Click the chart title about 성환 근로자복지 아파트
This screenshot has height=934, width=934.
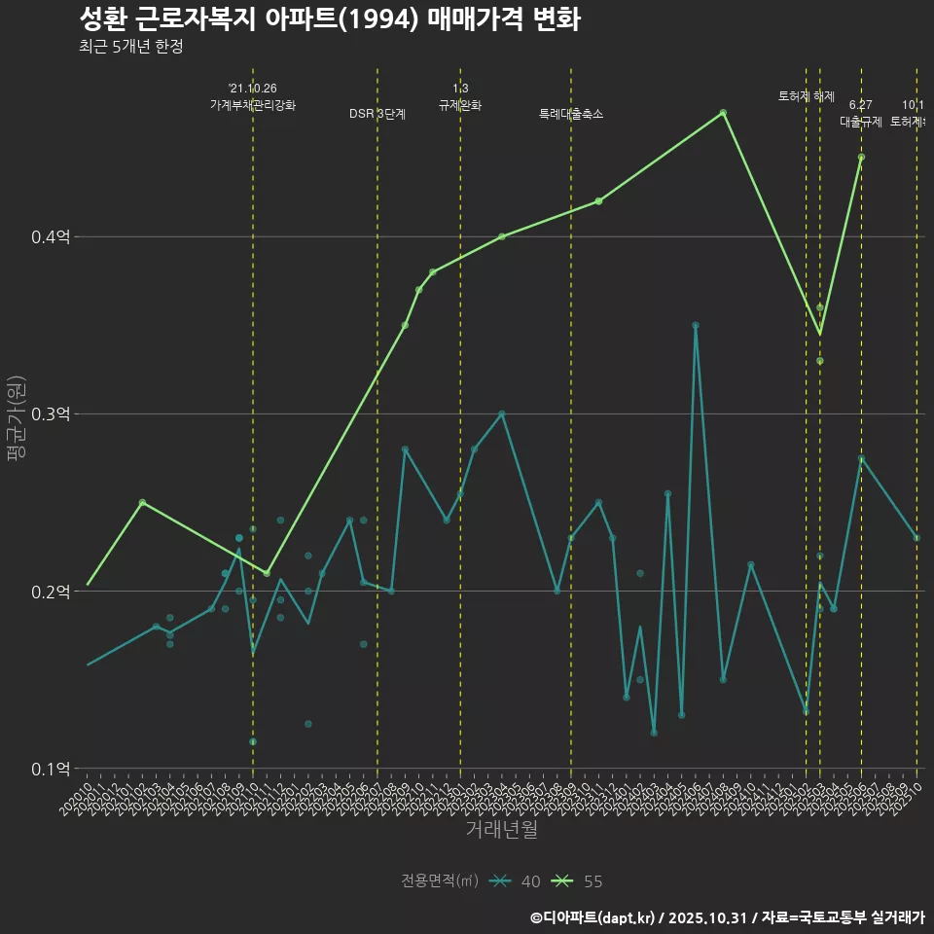coord(329,19)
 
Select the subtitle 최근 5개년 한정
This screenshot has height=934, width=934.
coord(130,47)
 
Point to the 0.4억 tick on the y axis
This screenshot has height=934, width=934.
coord(52,236)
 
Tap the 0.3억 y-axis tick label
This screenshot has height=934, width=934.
coord(52,414)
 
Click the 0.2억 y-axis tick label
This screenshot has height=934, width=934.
coord(52,592)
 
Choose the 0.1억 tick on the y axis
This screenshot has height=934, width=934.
coord(52,769)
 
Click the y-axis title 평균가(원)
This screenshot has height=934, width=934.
coord(17,418)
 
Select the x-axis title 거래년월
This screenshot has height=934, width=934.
coord(501,830)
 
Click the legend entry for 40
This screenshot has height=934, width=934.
coord(516,881)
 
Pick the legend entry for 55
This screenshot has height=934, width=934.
coord(578,881)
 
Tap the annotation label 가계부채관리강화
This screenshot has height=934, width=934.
coord(253,105)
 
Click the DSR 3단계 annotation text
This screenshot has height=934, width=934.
coord(377,114)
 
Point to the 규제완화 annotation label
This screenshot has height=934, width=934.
coord(460,105)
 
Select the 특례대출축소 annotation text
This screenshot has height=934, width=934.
coord(571,114)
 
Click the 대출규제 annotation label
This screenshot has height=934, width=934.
coord(860,123)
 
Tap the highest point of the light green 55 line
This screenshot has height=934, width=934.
coord(723,113)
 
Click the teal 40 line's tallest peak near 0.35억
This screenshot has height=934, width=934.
coord(696,325)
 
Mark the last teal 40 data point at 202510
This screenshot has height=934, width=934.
coord(916,538)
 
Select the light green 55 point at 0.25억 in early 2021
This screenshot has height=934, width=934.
coord(142,502)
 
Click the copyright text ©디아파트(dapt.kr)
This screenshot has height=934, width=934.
coord(594,917)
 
